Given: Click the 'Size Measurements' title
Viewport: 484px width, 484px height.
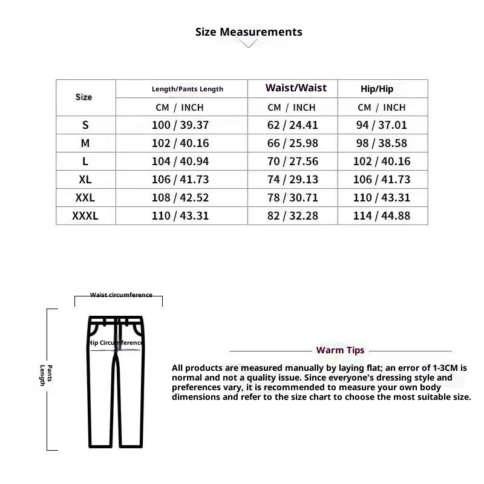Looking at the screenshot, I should click(x=249, y=32).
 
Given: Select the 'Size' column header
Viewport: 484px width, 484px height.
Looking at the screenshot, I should click(x=84, y=97).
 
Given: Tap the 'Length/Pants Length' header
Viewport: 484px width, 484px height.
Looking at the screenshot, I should click(x=187, y=89).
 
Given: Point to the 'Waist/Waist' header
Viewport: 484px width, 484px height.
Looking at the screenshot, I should click(x=296, y=88).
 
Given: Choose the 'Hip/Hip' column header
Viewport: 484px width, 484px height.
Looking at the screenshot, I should click(x=377, y=89).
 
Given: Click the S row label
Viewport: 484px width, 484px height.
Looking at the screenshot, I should click(x=85, y=125).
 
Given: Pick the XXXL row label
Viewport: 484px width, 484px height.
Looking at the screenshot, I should click(x=85, y=216).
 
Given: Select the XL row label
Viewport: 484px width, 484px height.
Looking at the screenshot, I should click(x=85, y=180).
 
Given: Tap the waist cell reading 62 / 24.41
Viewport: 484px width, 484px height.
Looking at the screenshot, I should click(x=292, y=126).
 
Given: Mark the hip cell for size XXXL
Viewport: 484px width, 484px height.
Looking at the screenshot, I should click(x=381, y=216).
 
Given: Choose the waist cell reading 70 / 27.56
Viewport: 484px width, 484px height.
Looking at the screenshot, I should click(x=292, y=162).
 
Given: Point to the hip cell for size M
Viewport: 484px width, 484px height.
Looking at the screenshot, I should click(x=381, y=144).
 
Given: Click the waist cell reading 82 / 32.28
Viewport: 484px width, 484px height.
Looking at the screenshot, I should click(x=292, y=216).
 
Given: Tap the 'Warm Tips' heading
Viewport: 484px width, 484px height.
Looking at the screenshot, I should click(x=340, y=350).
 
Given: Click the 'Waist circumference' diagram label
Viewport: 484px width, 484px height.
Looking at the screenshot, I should click(x=121, y=295).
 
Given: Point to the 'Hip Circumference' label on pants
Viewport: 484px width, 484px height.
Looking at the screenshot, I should click(x=116, y=342).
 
